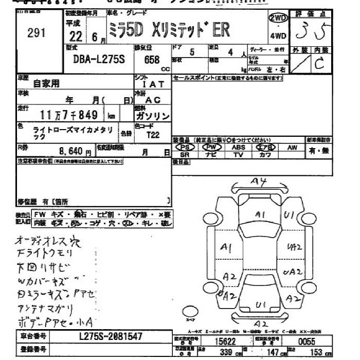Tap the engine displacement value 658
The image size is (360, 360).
point(152,60)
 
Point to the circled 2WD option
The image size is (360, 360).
point(278,19)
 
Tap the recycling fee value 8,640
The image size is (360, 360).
point(75,152)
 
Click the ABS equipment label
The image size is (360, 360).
point(238,147)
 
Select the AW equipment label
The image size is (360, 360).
point(292,147)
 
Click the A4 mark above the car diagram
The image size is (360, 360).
point(258,182)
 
